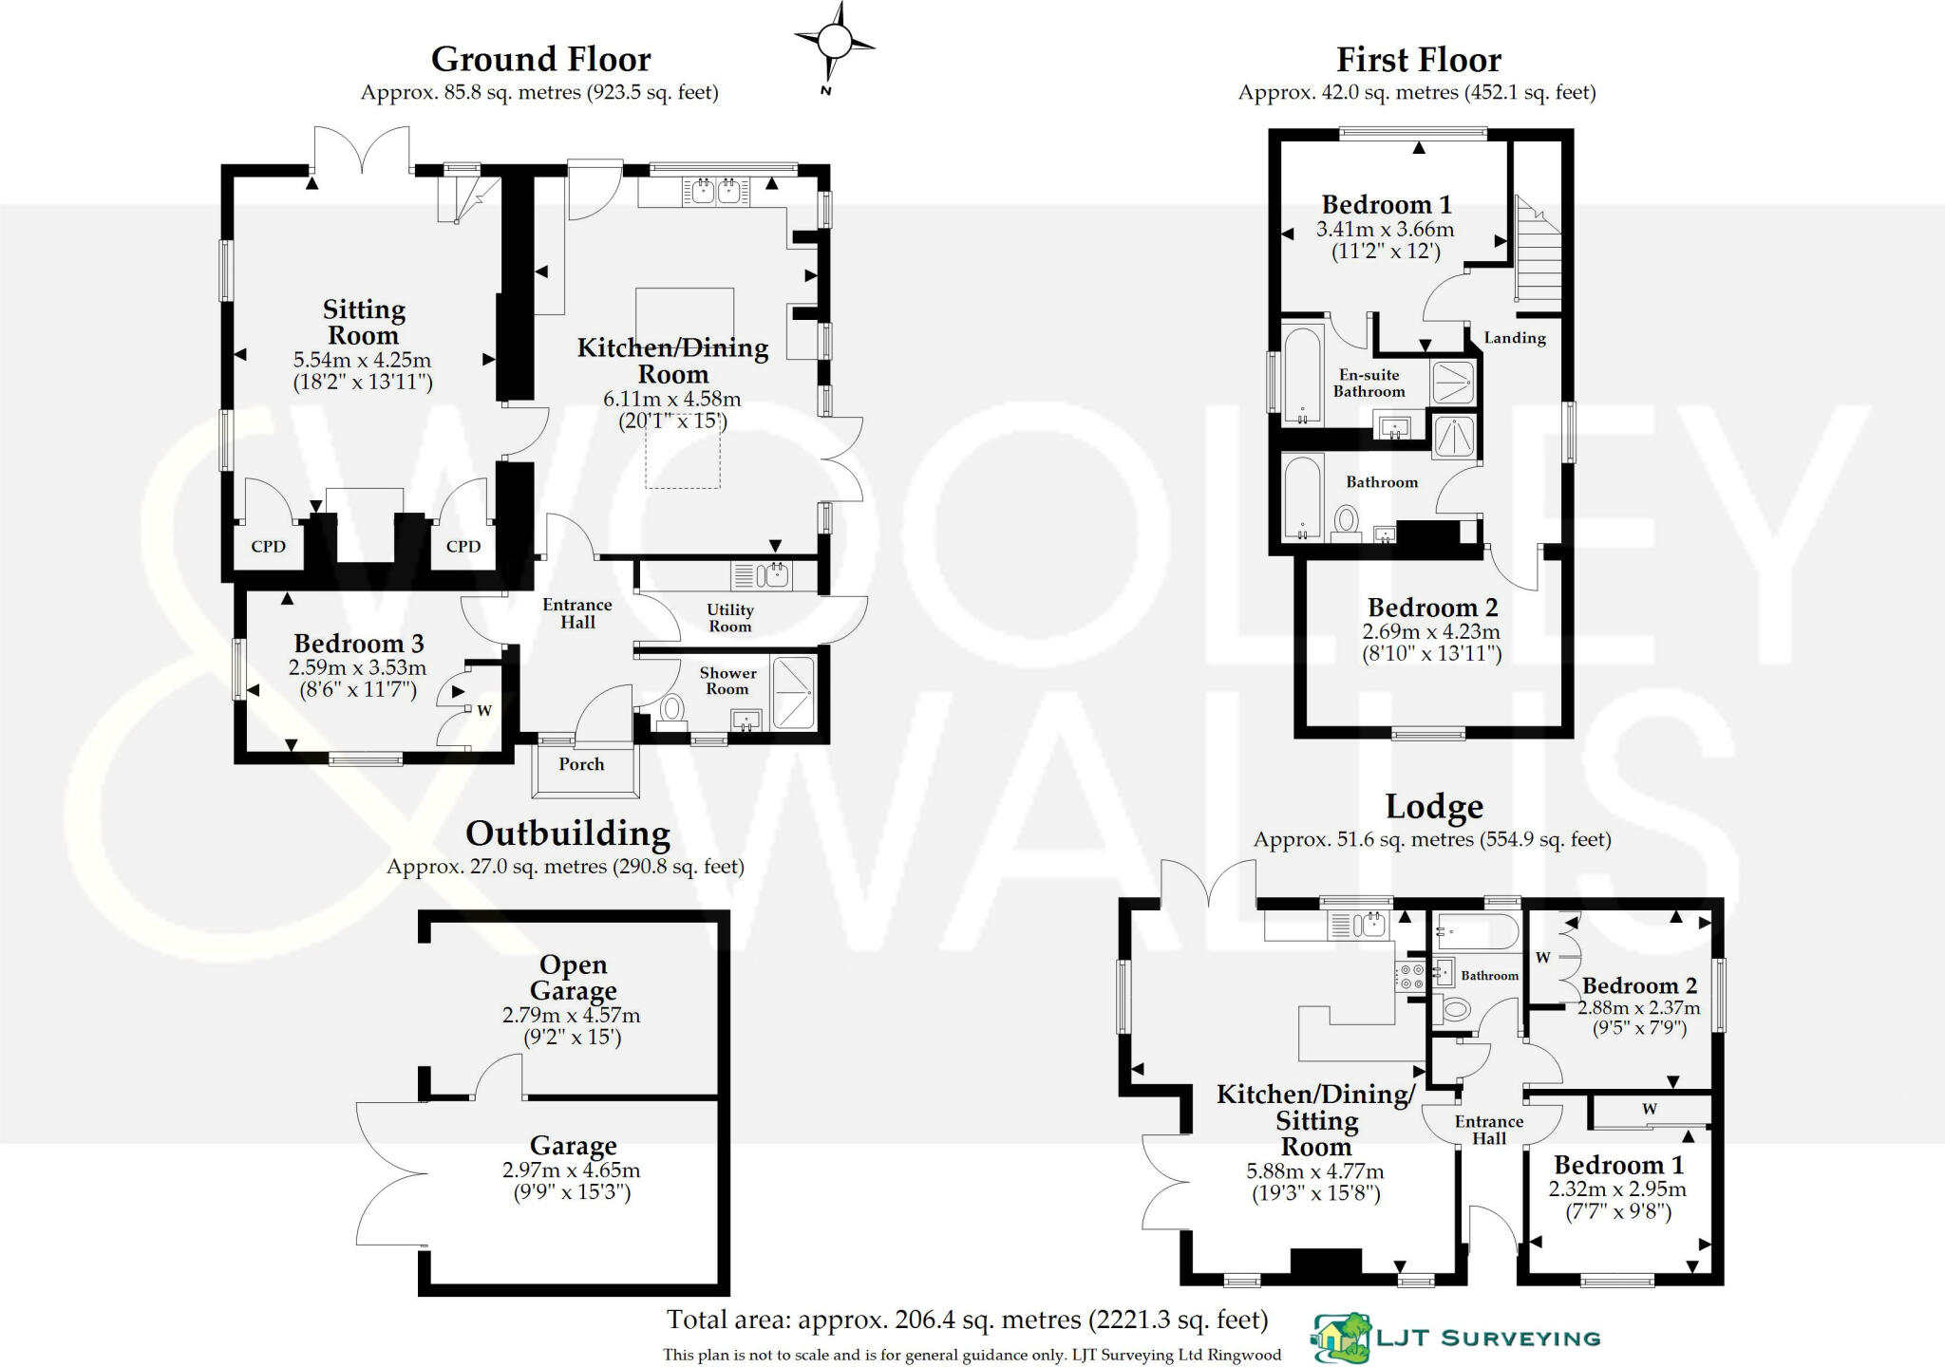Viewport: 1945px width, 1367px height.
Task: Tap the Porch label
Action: click(x=581, y=764)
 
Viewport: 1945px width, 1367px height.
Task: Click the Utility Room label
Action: click(x=730, y=618)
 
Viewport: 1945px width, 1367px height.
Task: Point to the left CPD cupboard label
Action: click(x=269, y=547)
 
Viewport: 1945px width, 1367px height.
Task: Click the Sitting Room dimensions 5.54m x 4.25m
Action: click(x=363, y=361)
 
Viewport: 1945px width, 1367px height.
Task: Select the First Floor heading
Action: click(x=1418, y=60)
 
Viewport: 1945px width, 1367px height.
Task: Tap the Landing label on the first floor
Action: click(x=1515, y=338)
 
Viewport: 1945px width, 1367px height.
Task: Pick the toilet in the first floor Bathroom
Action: click(x=1346, y=522)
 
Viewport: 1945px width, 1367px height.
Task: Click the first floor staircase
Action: click(x=1538, y=253)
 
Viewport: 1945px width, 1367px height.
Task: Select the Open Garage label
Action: click(x=573, y=978)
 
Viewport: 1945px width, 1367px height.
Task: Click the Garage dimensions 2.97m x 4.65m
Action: click(x=572, y=1170)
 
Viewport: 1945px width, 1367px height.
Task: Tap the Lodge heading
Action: click(x=1433, y=807)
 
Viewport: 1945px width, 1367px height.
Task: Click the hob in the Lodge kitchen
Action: click(x=1409, y=977)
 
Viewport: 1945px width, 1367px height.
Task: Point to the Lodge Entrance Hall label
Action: click(x=1488, y=1130)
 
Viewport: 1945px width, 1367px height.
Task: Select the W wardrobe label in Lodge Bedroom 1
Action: click(x=1649, y=1109)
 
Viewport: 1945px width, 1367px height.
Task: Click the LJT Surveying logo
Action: click(x=1456, y=1338)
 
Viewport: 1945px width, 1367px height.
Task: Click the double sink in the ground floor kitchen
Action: click(x=716, y=192)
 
